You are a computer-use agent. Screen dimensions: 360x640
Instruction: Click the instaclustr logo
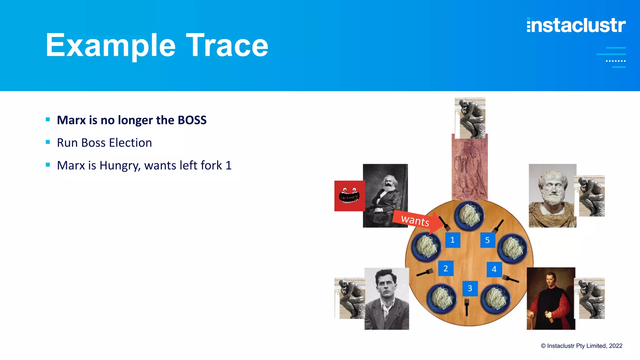(576, 25)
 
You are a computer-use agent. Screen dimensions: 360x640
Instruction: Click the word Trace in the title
(227, 46)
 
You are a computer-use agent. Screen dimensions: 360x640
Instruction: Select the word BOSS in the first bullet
(192, 120)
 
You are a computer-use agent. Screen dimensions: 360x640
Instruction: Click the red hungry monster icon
(349, 196)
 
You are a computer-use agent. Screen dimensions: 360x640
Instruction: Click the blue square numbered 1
(452, 240)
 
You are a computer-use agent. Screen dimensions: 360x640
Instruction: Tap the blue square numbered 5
(487, 240)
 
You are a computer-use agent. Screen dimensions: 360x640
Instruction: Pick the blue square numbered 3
(470, 288)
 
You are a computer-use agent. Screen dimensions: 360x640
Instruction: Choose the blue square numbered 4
(494, 269)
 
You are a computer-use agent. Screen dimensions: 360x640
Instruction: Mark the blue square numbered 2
(446, 268)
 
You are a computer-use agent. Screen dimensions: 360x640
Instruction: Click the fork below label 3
(467, 307)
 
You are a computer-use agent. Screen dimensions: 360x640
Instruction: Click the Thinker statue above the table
(470, 118)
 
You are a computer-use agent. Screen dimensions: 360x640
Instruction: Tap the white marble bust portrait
(552, 196)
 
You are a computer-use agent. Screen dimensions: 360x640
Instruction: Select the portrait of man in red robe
(551, 298)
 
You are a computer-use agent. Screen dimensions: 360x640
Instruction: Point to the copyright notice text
(581, 346)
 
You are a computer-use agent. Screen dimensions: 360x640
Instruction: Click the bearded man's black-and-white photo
(385, 196)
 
